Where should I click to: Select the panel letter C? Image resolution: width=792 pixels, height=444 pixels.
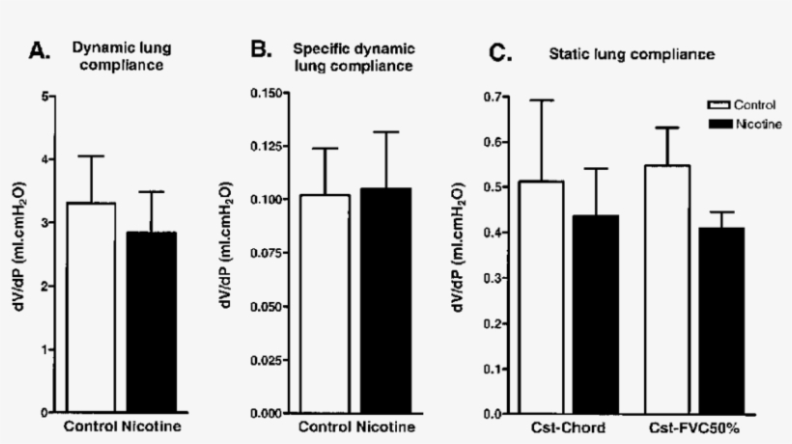pyautogui.click(x=499, y=53)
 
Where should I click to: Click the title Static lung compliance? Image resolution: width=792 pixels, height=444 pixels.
pyautogui.click(x=632, y=55)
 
